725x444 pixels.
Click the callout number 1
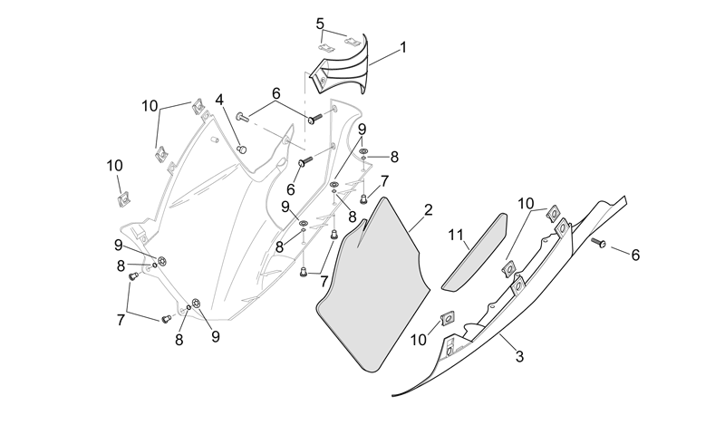[x=402, y=47]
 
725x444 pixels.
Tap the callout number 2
[x=428, y=210]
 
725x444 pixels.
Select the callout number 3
[x=519, y=357]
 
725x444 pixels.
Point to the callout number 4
[x=218, y=100]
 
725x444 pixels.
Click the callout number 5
[x=320, y=24]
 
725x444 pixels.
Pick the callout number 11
[x=456, y=235]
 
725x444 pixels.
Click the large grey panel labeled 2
[x=373, y=285]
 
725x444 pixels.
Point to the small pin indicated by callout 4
[x=241, y=149]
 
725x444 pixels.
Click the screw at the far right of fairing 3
[x=599, y=242]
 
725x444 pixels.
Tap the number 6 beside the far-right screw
[x=635, y=255]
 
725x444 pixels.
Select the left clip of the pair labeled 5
[x=326, y=48]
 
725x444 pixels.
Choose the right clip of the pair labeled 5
[x=353, y=42]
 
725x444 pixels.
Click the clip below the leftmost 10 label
[x=122, y=200]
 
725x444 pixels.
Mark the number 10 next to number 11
[x=526, y=204]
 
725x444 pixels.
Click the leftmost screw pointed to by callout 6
[x=243, y=117]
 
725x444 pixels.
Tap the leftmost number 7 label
[x=121, y=320]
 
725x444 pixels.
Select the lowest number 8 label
[x=179, y=340]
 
